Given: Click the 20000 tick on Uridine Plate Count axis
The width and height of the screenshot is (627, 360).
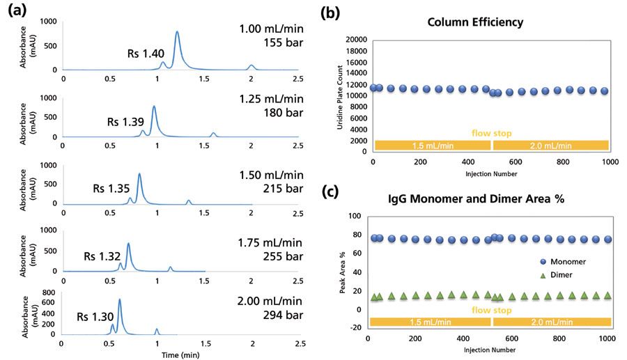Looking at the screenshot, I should click(x=357, y=40).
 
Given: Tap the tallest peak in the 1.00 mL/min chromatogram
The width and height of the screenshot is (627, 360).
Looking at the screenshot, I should click(x=177, y=33).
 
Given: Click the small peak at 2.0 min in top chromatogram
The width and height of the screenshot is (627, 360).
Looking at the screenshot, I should click(x=251, y=67).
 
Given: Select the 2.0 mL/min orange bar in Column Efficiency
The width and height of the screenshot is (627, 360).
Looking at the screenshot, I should click(x=550, y=145).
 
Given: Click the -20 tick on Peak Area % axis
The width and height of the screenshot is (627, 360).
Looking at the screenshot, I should click(x=355, y=327).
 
